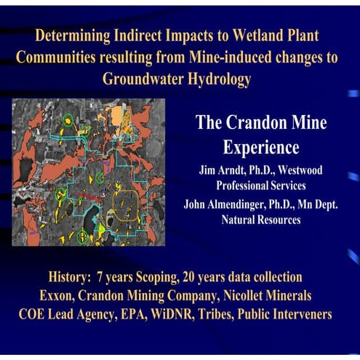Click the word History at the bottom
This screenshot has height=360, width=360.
70,277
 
